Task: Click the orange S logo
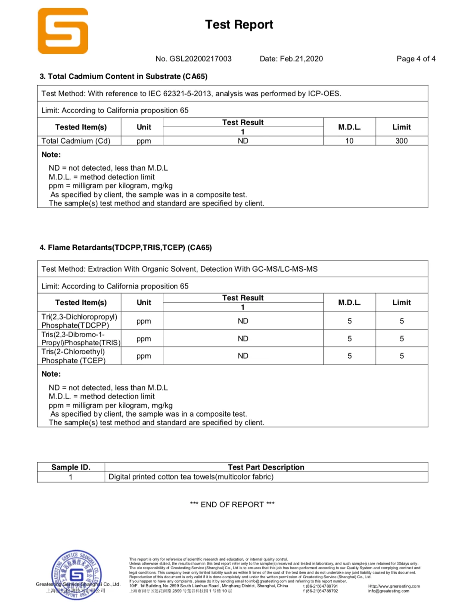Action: (x=63, y=31)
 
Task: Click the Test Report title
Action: (x=239, y=25)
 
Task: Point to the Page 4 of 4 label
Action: (x=416, y=59)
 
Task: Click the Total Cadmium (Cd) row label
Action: (x=76, y=141)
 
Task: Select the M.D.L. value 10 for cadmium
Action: (x=349, y=141)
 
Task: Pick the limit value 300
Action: (x=401, y=141)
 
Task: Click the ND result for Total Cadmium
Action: (x=243, y=141)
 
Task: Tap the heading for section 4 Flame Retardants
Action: (x=126, y=248)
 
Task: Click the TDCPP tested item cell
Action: (x=79, y=321)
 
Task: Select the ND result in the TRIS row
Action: (x=243, y=339)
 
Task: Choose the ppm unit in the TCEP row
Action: (x=144, y=356)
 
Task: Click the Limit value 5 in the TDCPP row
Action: (x=401, y=321)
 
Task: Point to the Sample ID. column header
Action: (x=71, y=467)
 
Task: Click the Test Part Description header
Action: (x=266, y=467)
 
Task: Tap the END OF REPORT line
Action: (x=232, y=504)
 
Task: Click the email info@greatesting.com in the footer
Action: (x=388, y=591)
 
